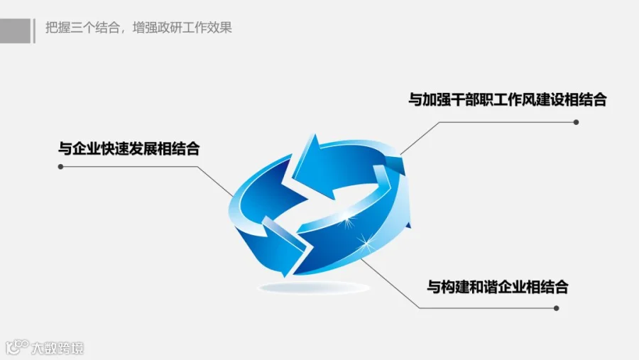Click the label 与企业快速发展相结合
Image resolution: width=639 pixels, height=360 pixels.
tap(129, 149)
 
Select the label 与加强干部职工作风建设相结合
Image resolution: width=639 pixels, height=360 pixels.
tap(507, 99)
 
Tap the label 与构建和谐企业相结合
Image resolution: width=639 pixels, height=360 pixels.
tap(497, 288)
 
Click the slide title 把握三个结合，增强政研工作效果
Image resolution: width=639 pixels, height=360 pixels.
tap(138, 28)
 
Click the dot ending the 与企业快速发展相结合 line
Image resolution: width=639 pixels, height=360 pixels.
tap(61, 168)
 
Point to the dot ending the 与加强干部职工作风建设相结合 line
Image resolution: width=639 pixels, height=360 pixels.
tap(576, 122)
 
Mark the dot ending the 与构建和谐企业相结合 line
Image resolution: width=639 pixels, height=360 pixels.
tap(557, 308)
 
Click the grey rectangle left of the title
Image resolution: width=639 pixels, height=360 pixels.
tap(15, 31)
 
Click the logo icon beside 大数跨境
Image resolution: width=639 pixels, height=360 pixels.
tap(17, 347)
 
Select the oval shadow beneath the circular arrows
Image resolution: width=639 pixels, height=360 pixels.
tap(313, 288)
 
